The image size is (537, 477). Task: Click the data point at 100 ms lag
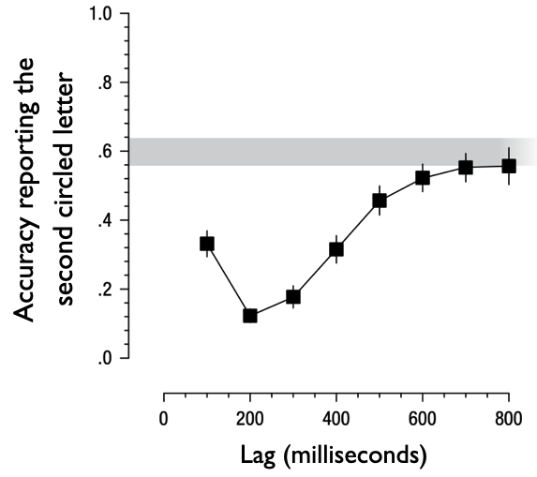point(207,244)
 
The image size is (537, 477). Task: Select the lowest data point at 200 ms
point(250,315)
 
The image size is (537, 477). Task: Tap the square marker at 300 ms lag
point(293,296)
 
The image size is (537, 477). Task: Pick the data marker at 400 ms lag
point(336,249)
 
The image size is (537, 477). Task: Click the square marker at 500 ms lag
point(380,201)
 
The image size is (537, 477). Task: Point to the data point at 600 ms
point(423,178)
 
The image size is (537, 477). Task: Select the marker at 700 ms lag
point(466,168)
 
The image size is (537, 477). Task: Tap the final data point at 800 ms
point(509,166)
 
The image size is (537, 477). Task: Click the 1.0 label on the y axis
point(102,15)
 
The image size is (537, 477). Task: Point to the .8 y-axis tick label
point(106,83)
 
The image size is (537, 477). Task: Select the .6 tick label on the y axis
point(106,152)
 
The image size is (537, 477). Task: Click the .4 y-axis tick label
point(106,221)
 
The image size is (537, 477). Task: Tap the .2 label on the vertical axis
point(106,290)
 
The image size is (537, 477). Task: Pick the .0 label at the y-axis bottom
point(106,358)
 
